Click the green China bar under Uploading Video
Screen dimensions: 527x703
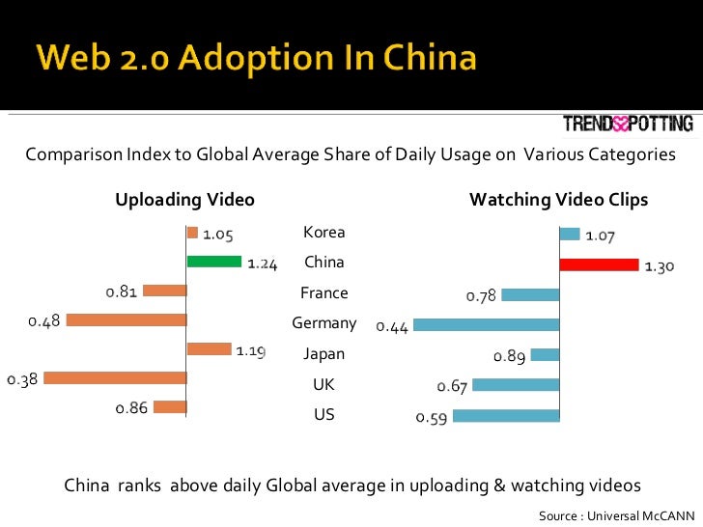coord(213,261)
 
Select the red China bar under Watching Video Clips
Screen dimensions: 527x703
coord(599,264)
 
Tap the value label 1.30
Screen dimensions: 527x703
coord(660,267)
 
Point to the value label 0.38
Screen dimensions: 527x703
coord(21,379)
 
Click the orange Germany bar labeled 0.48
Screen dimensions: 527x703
coord(126,319)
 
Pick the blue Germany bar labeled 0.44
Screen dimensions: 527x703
coord(486,325)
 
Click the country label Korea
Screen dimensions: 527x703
coord(323,233)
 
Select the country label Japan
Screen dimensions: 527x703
coord(323,354)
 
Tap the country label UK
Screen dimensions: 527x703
coord(323,385)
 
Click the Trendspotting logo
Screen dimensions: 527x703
coord(628,124)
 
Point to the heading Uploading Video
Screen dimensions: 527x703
coord(184,200)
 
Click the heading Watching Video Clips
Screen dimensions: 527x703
coord(558,200)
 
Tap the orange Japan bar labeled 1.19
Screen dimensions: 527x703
coord(209,349)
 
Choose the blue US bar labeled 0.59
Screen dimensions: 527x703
coord(506,416)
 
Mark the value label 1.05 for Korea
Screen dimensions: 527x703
coord(218,234)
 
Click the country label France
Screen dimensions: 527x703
coord(323,293)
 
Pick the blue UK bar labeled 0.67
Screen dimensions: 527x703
coord(516,385)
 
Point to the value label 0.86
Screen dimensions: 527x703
coord(131,408)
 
